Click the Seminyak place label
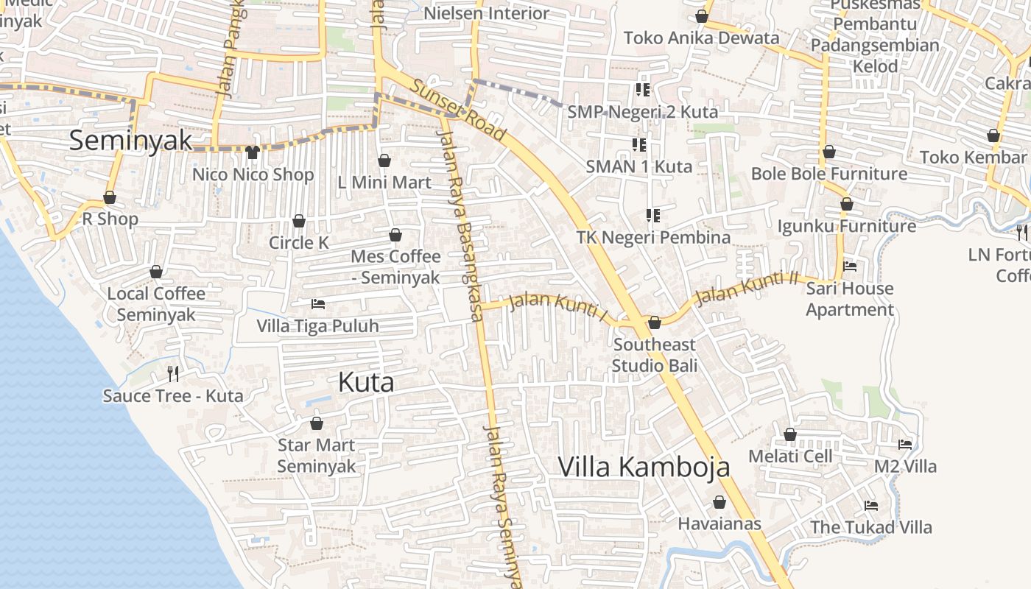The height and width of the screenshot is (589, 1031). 130,140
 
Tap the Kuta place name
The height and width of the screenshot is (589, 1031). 366,382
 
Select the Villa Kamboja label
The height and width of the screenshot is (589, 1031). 644,467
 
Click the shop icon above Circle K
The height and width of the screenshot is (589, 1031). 298,221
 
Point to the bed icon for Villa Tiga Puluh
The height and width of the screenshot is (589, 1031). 317,303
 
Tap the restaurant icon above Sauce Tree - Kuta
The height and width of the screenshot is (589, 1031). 173,374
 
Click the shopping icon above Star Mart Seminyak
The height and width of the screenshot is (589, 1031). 316,423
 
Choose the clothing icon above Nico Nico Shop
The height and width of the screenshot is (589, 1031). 253,152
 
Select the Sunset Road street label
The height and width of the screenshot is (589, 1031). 458,110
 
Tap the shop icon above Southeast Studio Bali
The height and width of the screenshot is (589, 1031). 654,322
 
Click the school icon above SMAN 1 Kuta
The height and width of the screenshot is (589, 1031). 638,145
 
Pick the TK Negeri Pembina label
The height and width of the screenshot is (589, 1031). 653,237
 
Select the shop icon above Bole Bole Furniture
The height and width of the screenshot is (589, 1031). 828,152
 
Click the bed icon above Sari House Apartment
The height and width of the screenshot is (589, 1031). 850,267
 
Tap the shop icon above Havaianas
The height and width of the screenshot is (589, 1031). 719,502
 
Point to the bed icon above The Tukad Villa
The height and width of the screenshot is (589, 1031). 871,506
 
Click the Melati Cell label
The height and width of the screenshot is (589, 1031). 790,456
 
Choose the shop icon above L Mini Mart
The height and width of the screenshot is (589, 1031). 384,161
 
